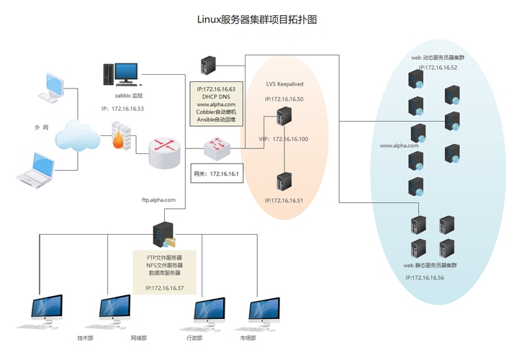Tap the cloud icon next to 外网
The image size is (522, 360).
tap(77, 135)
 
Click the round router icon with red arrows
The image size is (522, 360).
tap(164, 150)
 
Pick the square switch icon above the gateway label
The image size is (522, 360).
tap(216, 148)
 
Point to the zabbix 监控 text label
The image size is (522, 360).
tap(129, 95)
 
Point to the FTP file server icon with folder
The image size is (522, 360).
tap(163, 235)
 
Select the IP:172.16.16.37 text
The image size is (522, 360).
tap(164, 287)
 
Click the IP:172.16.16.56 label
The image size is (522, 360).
tap(424, 277)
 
